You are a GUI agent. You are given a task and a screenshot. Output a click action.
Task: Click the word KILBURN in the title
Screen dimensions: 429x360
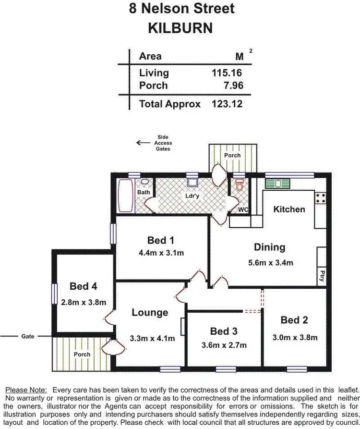[180, 28]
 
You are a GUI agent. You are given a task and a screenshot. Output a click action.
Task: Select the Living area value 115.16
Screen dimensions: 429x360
[226, 73]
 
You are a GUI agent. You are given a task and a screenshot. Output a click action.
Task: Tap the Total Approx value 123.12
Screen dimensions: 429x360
[226, 104]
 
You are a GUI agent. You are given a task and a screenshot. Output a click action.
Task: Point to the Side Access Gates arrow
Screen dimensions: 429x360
[143, 143]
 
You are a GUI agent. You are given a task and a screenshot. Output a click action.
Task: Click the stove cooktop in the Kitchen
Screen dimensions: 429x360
[320, 197]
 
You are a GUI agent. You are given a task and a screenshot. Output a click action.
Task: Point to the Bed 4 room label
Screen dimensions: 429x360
[84, 287]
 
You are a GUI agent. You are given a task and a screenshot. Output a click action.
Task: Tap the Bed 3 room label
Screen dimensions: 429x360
[224, 331]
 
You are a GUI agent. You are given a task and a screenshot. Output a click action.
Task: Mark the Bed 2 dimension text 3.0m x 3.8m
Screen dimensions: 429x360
[294, 337]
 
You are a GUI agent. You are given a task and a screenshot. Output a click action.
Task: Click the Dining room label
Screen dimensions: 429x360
[269, 247]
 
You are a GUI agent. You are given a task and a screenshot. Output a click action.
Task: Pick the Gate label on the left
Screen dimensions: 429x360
[28, 336]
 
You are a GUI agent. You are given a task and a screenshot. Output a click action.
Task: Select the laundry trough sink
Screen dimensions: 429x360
[192, 182]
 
